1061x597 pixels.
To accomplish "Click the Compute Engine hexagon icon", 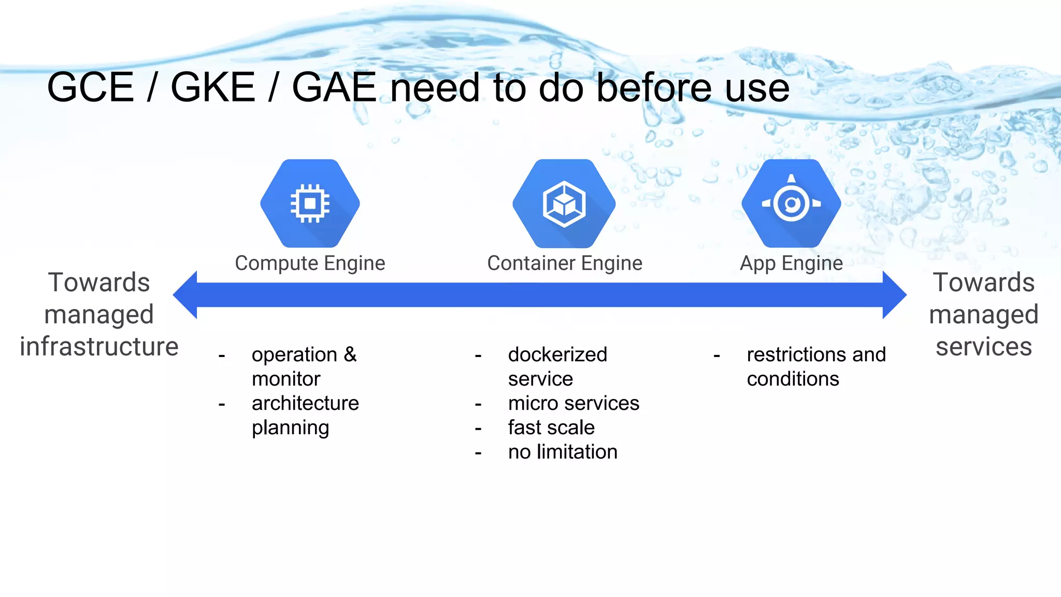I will pyautogui.click(x=310, y=203).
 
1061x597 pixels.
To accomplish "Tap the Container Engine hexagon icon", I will pyautogui.click(x=564, y=203).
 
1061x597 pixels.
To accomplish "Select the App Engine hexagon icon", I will pyautogui.click(x=791, y=203).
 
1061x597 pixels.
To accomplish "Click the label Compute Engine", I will pyautogui.click(x=310, y=263).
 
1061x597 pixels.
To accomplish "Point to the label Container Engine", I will pyautogui.click(x=565, y=263).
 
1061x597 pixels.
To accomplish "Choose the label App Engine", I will pyautogui.click(x=791, y=263).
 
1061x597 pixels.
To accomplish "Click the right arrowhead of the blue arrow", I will pyautogui.click(x=894, y=294).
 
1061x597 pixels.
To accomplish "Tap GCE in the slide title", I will pyautogui.click(x=91, y=87).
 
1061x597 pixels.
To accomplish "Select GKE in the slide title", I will pyautogui.click(x=213, y=87).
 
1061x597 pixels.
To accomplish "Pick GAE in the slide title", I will pyautogui.click(x=334, y=87).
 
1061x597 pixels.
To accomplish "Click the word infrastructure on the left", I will pyautogui.click(x=99, y=346).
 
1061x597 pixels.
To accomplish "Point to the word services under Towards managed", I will pyautogui.click(x=983, y=346).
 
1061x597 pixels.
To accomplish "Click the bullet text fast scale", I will pyautogui.click(x=551, y=428).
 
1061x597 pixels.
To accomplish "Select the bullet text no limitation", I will pyautogui.click(x=563, y=452).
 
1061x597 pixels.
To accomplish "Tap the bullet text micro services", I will pyautogui.click(x=573, y=403).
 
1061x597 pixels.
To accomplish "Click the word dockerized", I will pyautogui.click(x=557, y=354).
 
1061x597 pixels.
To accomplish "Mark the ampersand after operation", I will pyautogui.click(x=350, y=354).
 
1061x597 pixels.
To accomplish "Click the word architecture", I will pyautogui.click(x=305, y=403).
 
